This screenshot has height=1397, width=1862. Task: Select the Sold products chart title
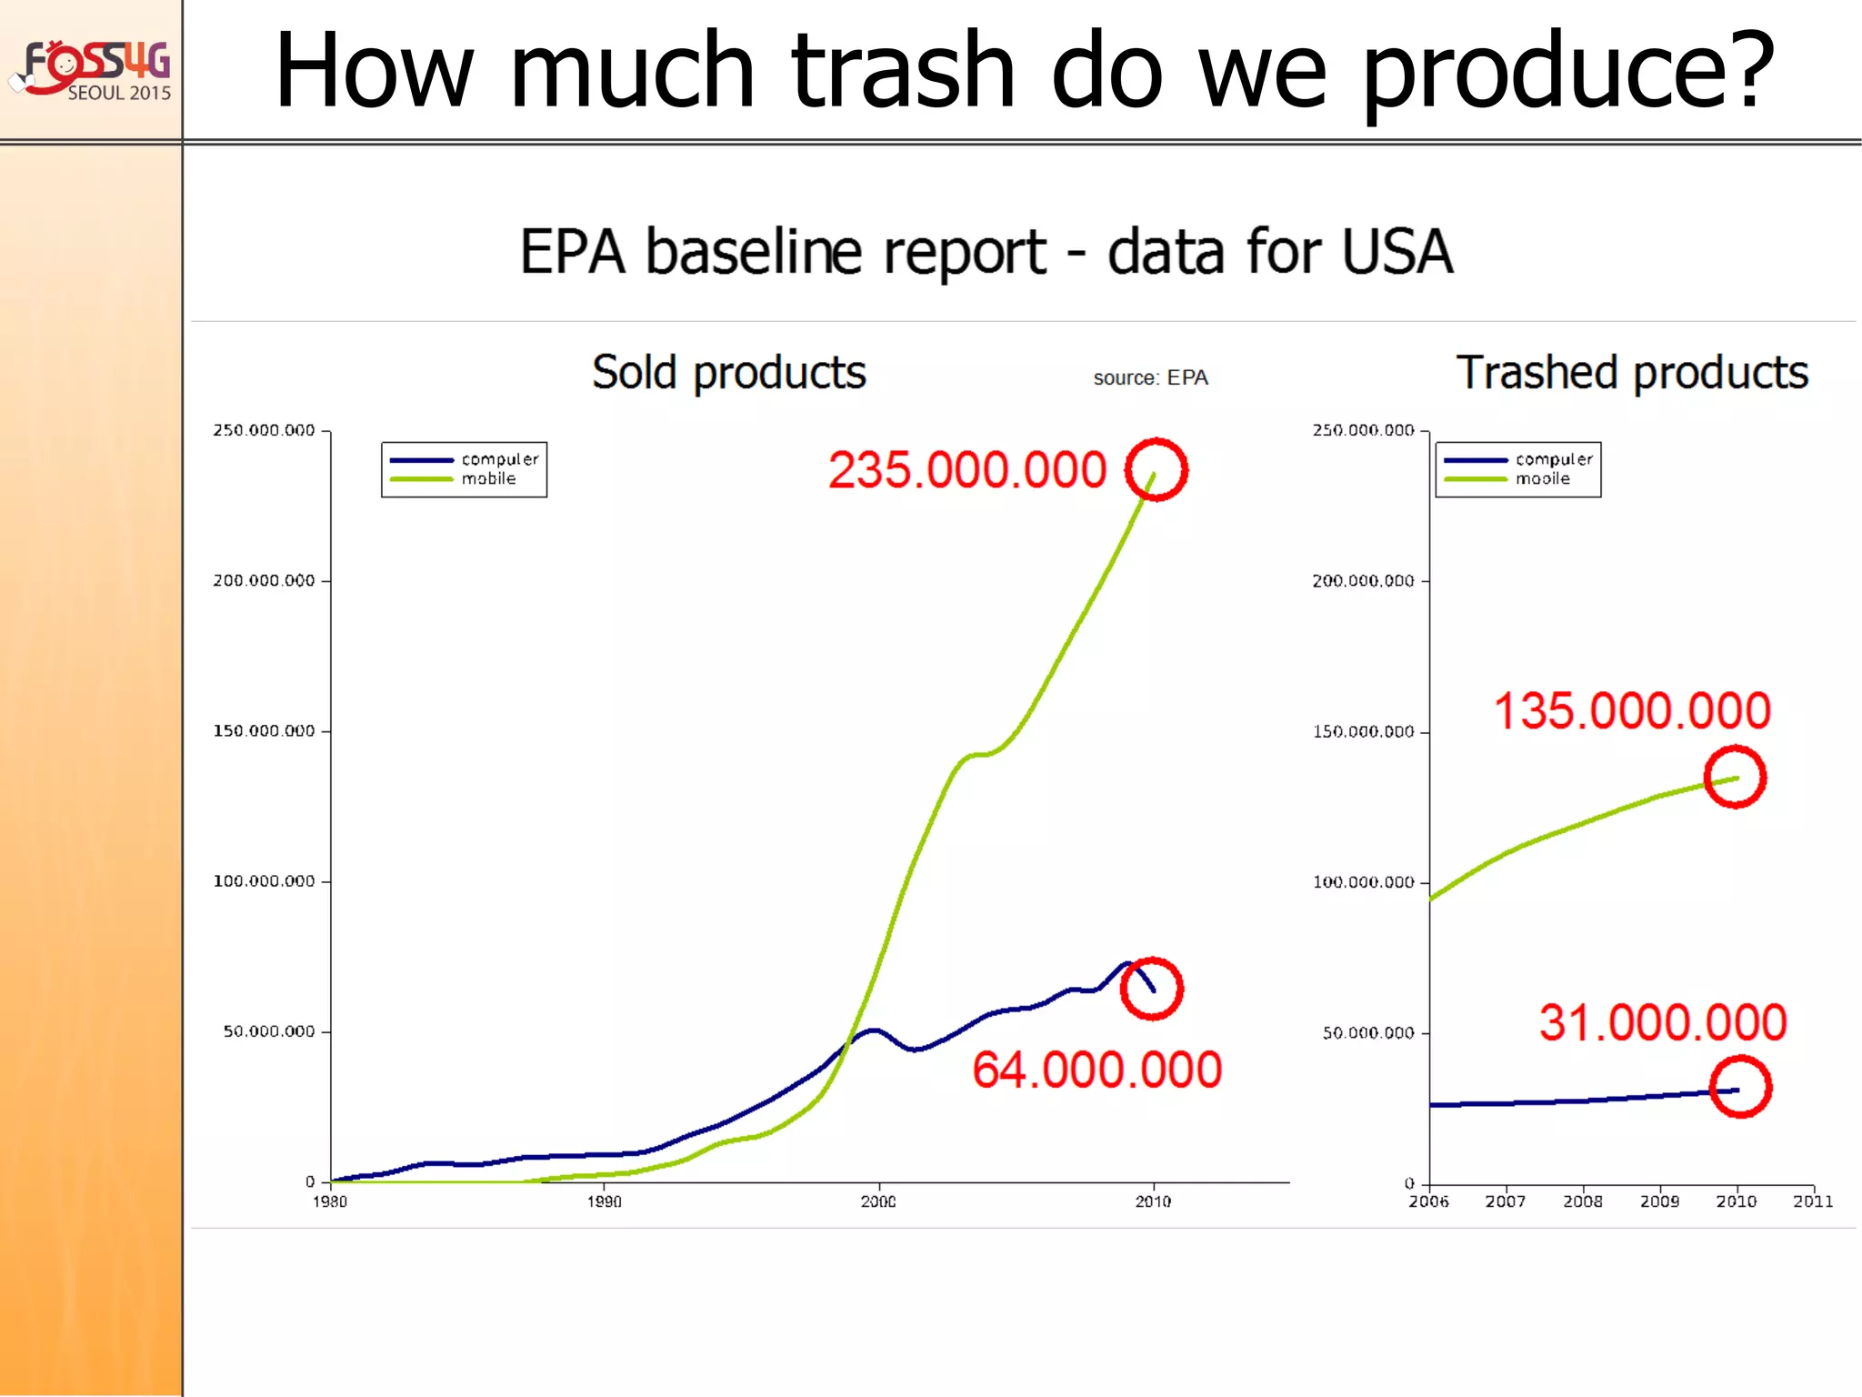point(729,373)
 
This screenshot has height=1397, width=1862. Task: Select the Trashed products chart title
point(1632,373)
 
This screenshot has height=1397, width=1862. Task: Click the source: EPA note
point(1150,378)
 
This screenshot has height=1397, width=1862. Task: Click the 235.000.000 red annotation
point(966,470)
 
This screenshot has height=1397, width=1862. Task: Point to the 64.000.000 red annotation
point(1096,1070)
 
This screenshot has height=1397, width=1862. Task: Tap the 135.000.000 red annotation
point(1632,711)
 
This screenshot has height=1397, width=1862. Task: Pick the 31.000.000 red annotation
point(1663,1023)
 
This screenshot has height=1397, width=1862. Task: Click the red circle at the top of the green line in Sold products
point(1156,469)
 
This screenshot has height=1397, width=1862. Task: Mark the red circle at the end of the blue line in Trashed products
point(1740,1087)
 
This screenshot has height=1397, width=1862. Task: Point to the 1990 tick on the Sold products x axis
point(605,1201)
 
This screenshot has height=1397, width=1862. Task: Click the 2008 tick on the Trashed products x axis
point(1583,1201)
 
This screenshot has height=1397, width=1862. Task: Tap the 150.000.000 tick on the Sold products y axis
point(264,731)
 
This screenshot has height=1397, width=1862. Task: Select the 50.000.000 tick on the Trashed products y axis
point(1368,1033)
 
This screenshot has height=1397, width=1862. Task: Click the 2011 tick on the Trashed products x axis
point(1813,1201)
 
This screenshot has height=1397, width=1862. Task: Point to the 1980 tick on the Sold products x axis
point(330,1201)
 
